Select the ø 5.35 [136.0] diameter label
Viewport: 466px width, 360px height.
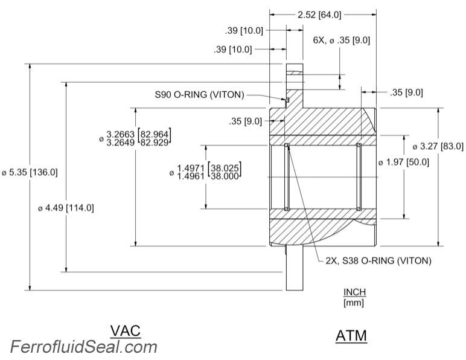30,172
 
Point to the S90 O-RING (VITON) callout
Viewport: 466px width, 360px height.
200,95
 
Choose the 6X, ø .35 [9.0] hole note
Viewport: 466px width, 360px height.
341,40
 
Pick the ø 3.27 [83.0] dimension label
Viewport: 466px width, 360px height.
438,146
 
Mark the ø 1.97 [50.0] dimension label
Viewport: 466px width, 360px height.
403,162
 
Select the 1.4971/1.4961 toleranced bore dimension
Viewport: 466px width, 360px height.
206,171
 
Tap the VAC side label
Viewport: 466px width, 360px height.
126,330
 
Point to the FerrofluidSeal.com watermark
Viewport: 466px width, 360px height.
83,347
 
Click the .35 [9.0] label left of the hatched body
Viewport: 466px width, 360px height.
245,121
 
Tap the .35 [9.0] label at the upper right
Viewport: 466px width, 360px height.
406,92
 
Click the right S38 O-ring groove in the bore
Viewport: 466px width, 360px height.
359,176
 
